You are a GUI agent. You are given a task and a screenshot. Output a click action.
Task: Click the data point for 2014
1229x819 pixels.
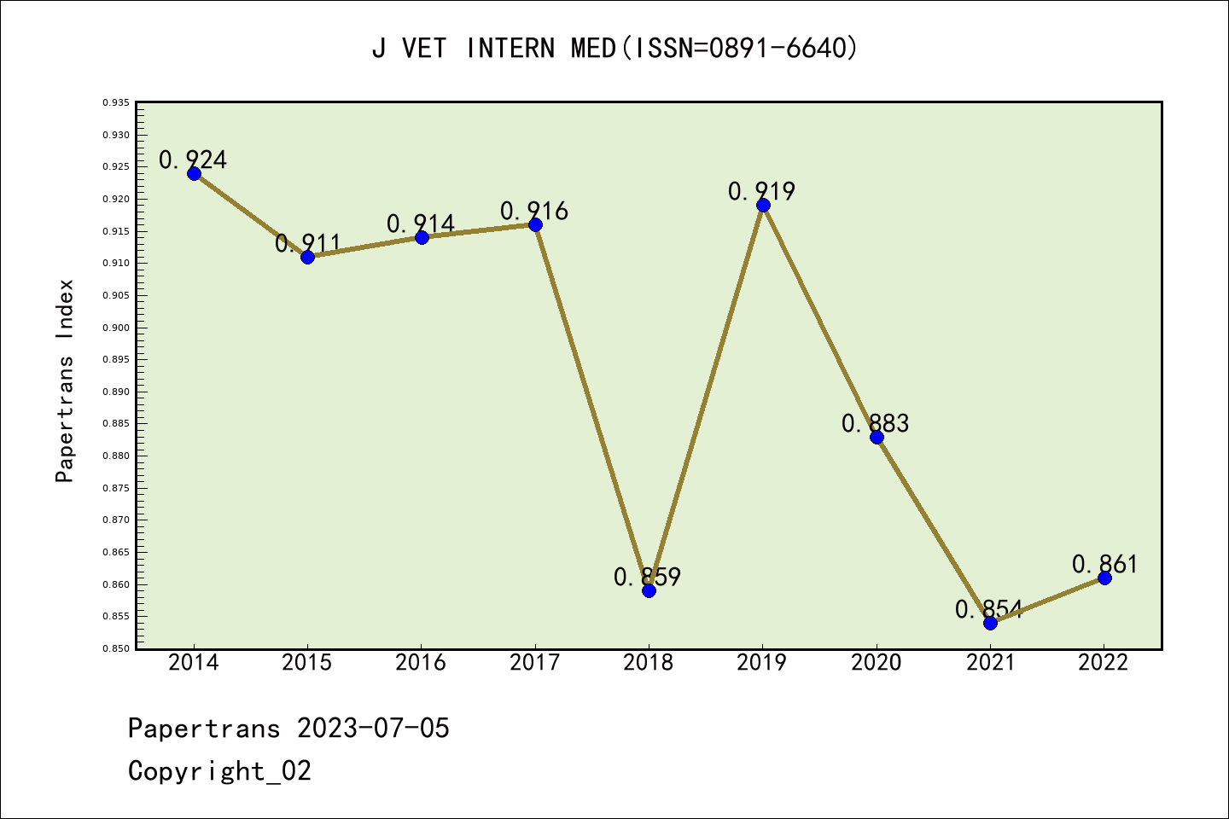click(194, 173)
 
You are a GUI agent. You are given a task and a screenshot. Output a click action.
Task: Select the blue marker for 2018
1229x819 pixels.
click(649, 590)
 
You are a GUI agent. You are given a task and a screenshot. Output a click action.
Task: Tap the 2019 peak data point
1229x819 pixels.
click(763, 205)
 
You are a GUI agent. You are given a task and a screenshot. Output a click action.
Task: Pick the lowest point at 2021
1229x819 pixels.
click(990, 623)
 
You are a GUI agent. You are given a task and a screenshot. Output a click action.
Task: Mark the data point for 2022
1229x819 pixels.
click(1104, 578)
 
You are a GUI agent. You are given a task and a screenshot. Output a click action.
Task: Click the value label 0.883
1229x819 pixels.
click(876, 423)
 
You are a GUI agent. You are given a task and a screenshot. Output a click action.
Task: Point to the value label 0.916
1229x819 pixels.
click(534, 211)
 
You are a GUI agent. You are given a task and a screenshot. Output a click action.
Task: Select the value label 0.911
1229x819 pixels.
click(308, 243)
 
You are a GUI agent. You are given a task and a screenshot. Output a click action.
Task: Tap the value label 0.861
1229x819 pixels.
click(1105, 564)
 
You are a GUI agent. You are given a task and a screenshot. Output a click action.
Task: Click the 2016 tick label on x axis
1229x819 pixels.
click(421, 663)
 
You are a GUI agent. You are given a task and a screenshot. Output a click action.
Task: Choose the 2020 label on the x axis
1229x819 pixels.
click(876, 663)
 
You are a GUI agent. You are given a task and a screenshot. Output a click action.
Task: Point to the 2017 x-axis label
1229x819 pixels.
click(534, 663)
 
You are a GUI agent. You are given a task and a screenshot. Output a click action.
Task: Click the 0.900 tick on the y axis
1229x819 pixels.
click(116, 328)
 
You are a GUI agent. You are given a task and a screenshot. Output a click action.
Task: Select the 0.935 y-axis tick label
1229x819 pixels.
click(116, 102)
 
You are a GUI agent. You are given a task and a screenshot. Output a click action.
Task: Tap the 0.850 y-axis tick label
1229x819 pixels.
click(116, 648)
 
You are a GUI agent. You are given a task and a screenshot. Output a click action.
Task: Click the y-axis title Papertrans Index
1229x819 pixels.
click(65, 380)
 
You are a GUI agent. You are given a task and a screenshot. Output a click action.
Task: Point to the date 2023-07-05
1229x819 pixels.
click(373, 729)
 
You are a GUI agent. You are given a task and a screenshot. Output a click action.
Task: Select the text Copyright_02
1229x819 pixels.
click(219, 771)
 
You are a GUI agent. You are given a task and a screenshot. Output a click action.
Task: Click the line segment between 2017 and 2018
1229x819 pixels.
click(591, 407)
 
